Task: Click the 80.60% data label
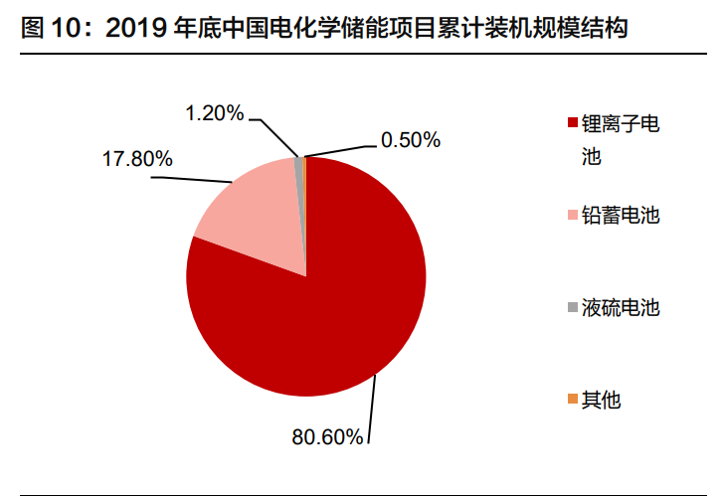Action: click(x=327, y=435)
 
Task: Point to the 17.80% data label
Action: click(x=137, y=158)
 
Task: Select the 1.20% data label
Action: click(x=214, y=112)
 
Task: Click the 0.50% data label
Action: click(x=410, y=140)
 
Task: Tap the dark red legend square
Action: click(x=572, y=123)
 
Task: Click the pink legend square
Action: click(x=572, y=216)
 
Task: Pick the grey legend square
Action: click(x=572, y=308)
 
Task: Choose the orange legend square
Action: click(x=572, y=400)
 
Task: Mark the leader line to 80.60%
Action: click(x=375, y=408)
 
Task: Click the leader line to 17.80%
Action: click(x=189, y=180)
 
